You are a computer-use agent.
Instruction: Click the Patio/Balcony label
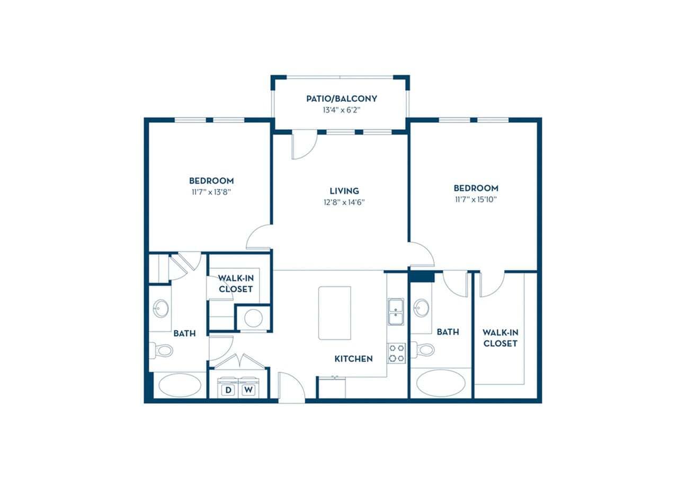click(x=341, y=98)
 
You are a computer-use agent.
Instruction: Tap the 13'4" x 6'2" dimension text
click(x=341, y=110)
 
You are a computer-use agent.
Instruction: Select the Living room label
click(x=344, y=191)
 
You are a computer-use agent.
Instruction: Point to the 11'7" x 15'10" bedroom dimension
click(x=476, y=200)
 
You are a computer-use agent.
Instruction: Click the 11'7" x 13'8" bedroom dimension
click(x=211, y=192)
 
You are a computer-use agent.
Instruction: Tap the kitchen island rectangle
click(x=334, y=313)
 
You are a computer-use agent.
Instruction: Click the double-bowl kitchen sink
click(x=396, y=311)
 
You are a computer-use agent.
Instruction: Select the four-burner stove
click(x=396, y=353)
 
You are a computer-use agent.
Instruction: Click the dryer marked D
click(x=229, y=390)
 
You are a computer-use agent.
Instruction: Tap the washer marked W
click(x=247, y=390)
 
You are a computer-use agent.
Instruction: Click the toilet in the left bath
click(x=162, y=350)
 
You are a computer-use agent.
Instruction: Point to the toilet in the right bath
click(x=423, y=349)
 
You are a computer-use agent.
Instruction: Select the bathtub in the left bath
click(x=180, y=385)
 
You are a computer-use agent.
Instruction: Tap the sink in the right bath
click(x=422, y=308)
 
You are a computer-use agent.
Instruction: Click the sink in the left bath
click(x=161, y=308)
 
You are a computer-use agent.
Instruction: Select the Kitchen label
click(x=353, y=359)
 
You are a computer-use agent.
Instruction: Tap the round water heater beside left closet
click(x=253, y=318)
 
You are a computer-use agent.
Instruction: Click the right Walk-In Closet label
click(x=499, y=338)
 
